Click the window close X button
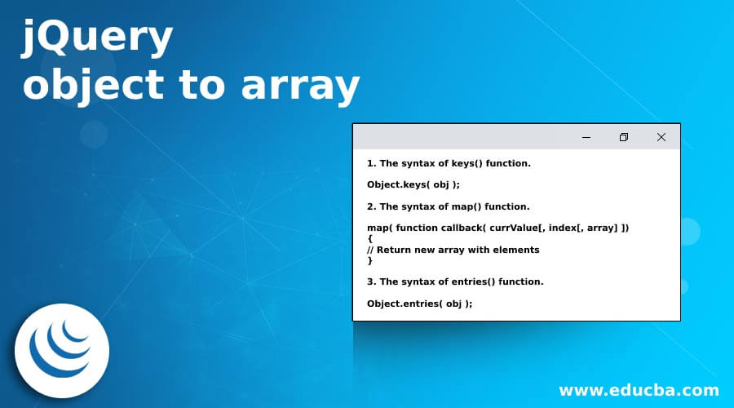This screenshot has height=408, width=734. click(x=661, y=137)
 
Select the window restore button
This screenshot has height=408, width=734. click(x=624, y=137)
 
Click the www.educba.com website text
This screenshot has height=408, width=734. click(x=639, y=390)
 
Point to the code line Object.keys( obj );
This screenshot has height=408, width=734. click(x=413, y=184)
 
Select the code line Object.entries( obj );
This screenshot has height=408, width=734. click(x=419, y=303)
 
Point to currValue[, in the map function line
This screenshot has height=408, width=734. click(x=522, y=228)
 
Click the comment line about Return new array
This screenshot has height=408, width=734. click(x=453, y=250)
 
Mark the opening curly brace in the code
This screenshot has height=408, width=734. click(x=370, y=239)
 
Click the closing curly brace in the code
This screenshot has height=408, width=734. click(x=370, y=260)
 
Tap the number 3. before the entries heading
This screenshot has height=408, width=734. click(x=371, y=282)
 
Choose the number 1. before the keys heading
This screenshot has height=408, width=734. click(x=371, y=163)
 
